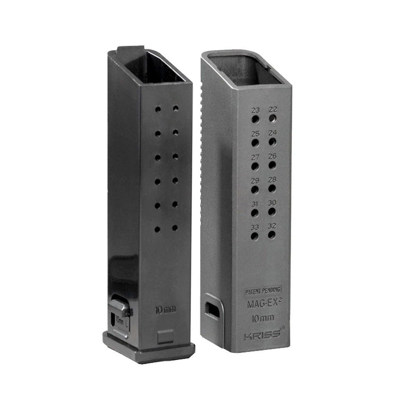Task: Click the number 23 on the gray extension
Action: point(255,110)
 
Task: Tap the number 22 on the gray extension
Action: point(273,109)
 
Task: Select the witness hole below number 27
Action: point(255,166)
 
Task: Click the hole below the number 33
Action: point(254,236)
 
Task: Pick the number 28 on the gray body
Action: point(272,180)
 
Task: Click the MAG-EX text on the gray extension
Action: point(261,304)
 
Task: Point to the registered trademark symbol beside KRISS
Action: point(282,328)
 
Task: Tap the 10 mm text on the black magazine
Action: point(165,310)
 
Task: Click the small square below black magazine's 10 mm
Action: point(165,336)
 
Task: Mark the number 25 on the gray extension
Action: point(255,134)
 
